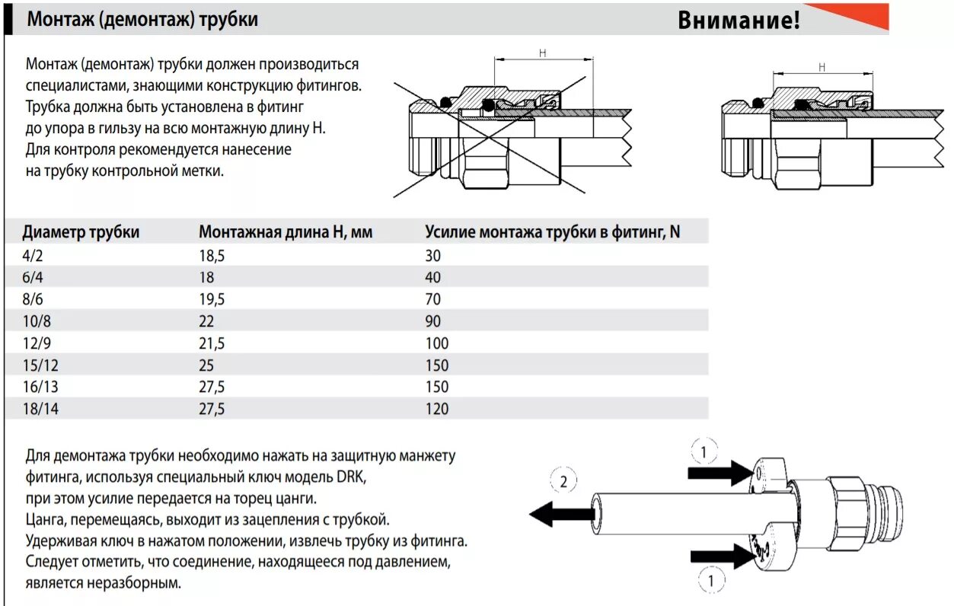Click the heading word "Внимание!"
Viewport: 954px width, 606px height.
pyautogui.click(x=739, y=21)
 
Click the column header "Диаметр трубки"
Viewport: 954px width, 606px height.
pyautogui.click(x=81, y=232)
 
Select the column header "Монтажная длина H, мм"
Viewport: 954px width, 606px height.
pyautogui.click(x=286, y=232)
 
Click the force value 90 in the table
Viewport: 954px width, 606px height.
pyautogui.click(x=433, y=321)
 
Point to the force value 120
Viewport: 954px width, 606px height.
pyautogui.click(x=437, y=409)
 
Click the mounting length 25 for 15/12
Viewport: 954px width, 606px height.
pyautogui.click(x=207, y=365)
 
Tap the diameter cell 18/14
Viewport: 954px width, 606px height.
pyautogui.click(x=41, y=409)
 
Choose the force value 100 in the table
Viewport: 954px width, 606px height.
pyautogui.click(x=437, y=343)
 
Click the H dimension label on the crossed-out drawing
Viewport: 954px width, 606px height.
pyautogui.click(x=543, y=53)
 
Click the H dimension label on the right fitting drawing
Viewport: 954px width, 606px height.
pyautogui.click(x=822, y=67)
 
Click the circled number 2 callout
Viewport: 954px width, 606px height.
pyautogui.click(x=563, y=481)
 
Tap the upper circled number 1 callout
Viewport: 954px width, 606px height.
pyautogui.click(x=704, y=453)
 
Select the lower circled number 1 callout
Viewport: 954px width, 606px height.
pyautogui.click(x=711, y=581)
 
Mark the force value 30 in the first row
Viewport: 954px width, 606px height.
pyautogui.click(x=433, y=256)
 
